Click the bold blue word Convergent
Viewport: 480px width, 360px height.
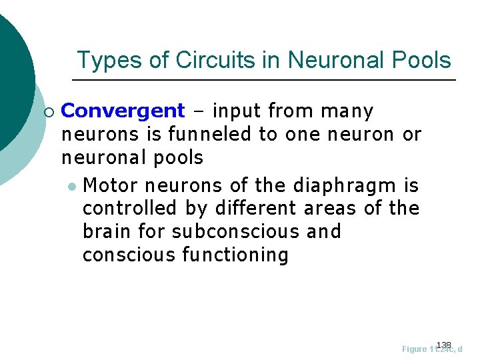coord(122,111)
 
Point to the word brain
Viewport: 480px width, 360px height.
coord(103,231)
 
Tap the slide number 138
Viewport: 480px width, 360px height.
coord(443,344)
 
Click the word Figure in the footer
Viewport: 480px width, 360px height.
coord(415,349)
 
